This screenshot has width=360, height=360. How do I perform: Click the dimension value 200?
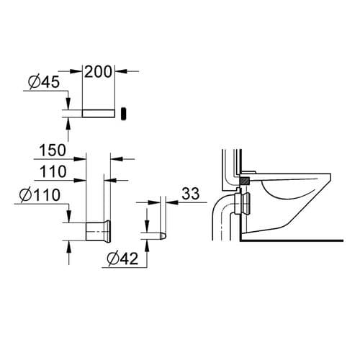99,71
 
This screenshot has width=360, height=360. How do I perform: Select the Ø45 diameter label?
42,84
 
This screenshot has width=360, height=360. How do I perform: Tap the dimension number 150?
53,150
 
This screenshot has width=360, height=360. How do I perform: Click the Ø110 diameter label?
40,194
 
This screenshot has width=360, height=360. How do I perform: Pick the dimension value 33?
191,193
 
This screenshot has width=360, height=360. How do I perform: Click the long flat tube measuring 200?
99,114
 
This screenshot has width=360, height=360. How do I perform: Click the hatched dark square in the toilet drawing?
246,179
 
